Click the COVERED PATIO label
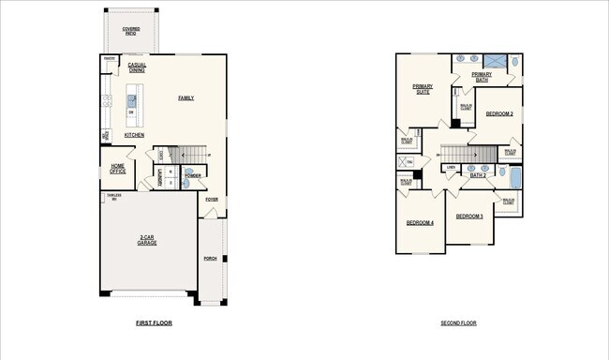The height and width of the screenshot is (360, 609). (x=131, y=31)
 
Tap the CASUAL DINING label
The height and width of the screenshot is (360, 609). (x=137, y=67)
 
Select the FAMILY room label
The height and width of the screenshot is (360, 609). (x=186, y=97)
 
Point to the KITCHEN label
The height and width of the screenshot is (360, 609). (x=134, y=135)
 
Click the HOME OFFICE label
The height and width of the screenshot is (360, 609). (x=118, y=168)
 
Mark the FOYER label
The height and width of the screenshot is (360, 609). (x=212, y=199)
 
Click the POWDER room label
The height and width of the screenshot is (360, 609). (x=193, y=175)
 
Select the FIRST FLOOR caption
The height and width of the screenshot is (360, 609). (x=154, y=323)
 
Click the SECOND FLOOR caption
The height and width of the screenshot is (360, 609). (x=458, y=323)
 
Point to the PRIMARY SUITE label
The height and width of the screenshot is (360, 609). (x=423, y=90)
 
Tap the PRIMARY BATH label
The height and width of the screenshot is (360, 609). (x=482, y=77)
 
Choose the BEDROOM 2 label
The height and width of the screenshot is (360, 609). (x=498, y=113)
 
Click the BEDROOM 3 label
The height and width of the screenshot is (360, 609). (x=469, y=217)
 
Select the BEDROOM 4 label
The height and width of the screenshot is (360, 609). (x=419, y=223)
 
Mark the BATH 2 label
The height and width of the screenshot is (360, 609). (x=477, y=175)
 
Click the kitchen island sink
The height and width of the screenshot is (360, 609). (x=131, y=97)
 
